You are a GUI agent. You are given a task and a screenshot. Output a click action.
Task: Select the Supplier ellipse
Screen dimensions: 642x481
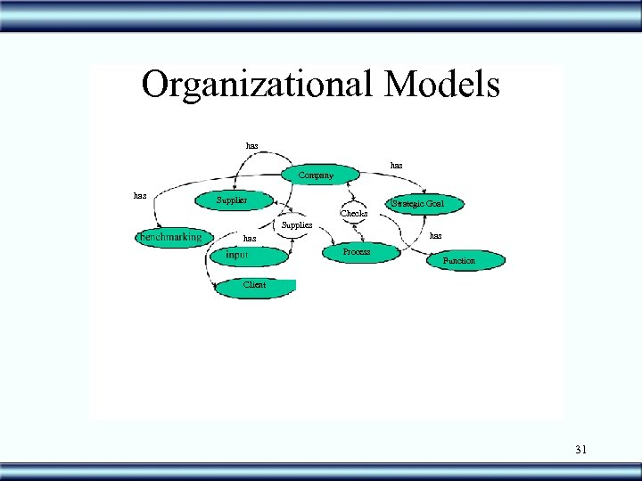(x=234, y=201)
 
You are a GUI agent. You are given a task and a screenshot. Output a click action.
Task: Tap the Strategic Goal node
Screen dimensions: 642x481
(x=417, y=204)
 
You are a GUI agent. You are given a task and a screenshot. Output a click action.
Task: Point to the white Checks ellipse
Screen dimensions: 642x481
(x=354, y=214)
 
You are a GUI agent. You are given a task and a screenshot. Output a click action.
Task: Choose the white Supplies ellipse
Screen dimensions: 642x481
(x=297, y=225)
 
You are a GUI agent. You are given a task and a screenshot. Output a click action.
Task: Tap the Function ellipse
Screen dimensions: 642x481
(x=461, y=261)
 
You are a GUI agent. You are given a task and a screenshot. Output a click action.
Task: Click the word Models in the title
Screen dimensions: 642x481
(x=442, y=86)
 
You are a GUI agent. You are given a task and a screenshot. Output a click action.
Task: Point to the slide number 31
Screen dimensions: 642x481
(x=580, y=449)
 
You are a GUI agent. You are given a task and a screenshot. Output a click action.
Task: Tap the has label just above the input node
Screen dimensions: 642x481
(x=250, y=239)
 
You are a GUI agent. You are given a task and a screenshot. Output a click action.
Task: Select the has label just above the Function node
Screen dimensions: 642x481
(x=436, y=236)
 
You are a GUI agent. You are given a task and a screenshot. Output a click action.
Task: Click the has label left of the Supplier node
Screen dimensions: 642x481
(x=140, y=195)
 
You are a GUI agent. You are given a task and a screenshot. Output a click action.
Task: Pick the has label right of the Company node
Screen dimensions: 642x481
(x=396, y=165)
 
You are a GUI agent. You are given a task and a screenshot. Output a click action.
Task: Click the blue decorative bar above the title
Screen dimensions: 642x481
(x=321, y=16)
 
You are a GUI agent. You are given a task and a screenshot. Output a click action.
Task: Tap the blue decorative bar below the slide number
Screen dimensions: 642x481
(x=321, y=469)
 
